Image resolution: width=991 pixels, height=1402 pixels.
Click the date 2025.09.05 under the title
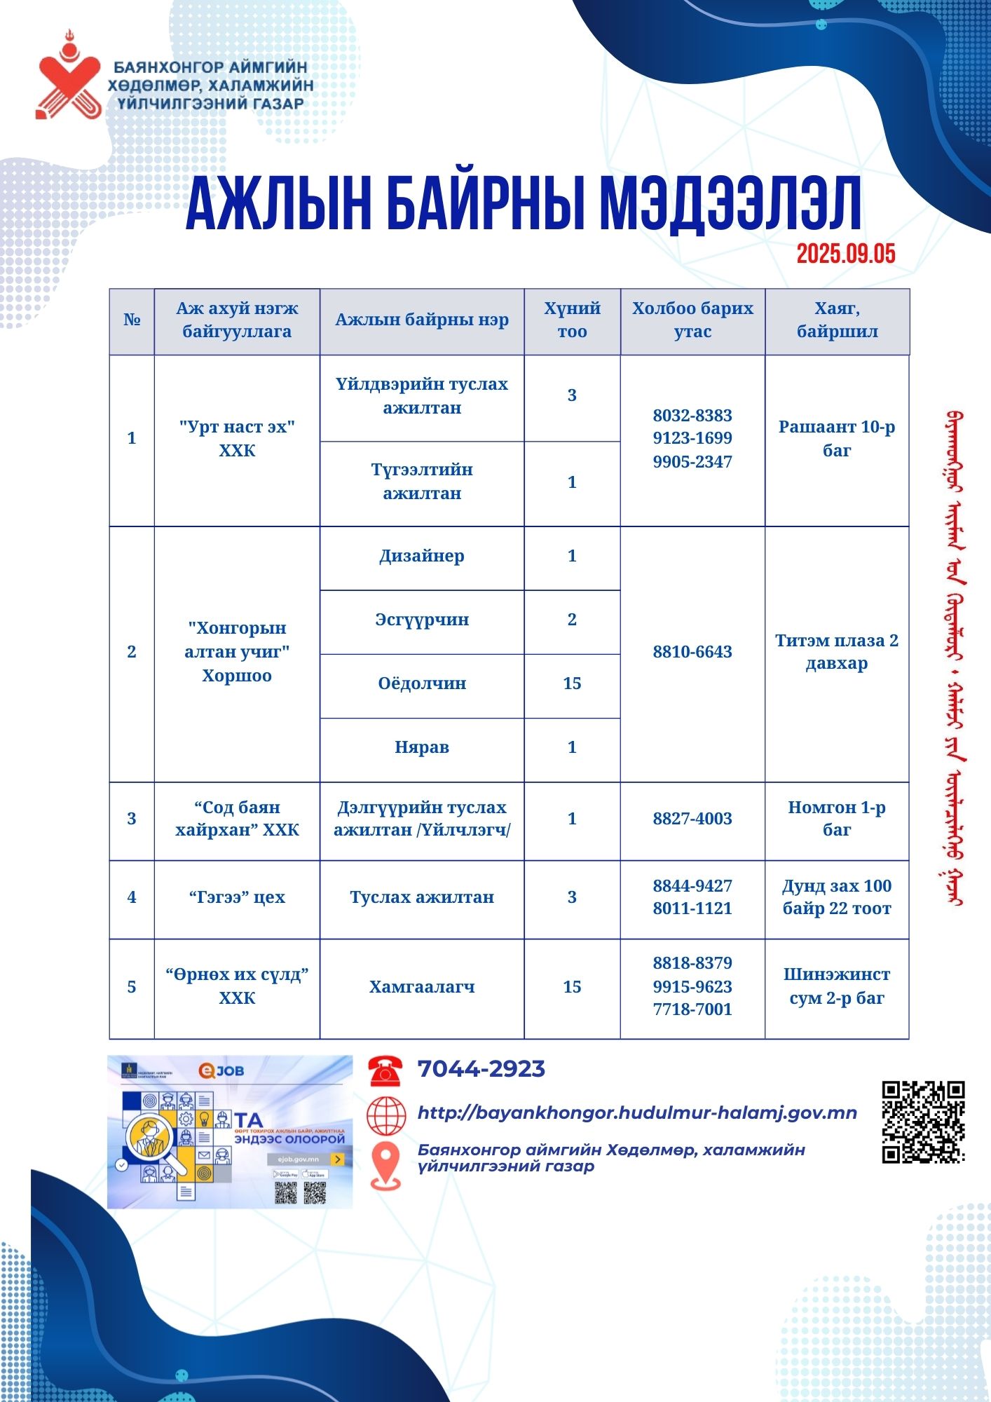tap(845, 254)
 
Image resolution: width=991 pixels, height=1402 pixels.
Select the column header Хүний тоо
tap(572, 320)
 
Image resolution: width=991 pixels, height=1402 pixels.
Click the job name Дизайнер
tap(422, 556)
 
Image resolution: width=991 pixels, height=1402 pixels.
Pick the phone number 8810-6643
tap(692, 652)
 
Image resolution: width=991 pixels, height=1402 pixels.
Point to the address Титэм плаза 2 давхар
tap(837, 652)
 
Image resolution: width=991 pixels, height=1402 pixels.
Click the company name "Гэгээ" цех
tap(237, 897)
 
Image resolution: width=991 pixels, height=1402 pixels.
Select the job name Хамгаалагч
tap(422, 987)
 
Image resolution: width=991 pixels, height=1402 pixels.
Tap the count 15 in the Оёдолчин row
tap(572, 683)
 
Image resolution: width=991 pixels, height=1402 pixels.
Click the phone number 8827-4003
tap(692, 819)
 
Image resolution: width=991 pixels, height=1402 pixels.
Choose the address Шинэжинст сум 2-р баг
tap(837, 986)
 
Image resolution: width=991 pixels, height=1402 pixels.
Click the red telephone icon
tap(385, 1070)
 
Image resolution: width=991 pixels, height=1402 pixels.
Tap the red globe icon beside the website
tap(386, 1115)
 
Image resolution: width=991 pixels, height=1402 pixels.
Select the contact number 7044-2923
tap(481, 1069)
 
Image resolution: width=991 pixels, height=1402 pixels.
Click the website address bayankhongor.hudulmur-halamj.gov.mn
tap(637, 1113)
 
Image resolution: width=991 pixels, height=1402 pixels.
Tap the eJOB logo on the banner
tap(221, 1071)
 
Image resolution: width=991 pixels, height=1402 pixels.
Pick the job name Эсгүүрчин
tap(422, 620)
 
